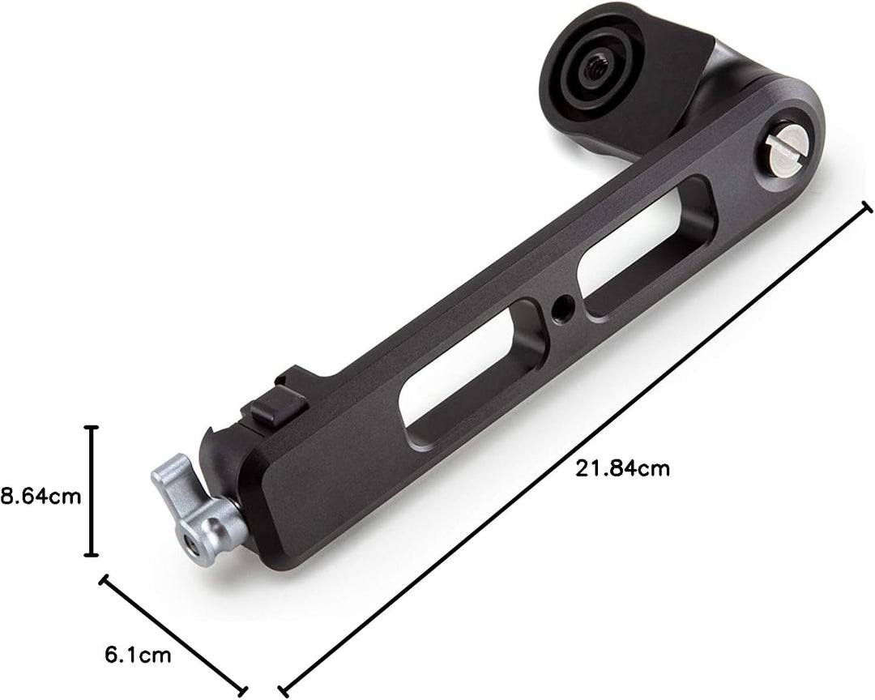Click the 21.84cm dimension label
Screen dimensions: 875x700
622,468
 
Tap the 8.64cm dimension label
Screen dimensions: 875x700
41,496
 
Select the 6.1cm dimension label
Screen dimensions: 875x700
138,655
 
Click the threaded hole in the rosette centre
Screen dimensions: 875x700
591,69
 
